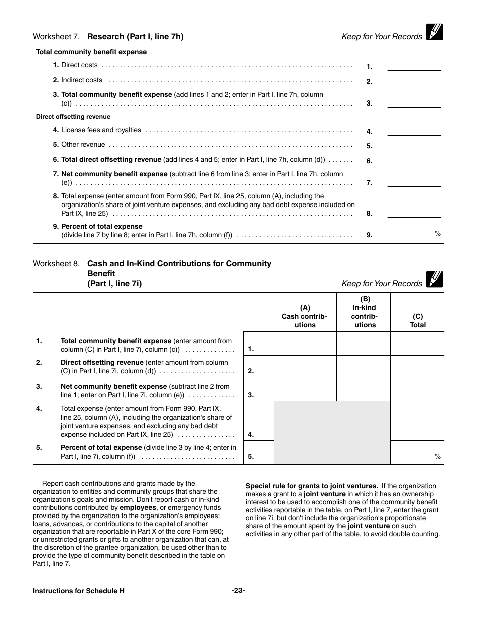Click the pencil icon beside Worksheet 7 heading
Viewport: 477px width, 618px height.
(434, 32)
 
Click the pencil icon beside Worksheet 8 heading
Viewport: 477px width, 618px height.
(434, 279)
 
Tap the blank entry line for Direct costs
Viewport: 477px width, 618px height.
(414, 66)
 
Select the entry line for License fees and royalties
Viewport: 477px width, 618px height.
(414, 131)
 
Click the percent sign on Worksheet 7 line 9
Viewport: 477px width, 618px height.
(437, 233)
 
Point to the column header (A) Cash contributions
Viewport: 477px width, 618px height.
(305, 316)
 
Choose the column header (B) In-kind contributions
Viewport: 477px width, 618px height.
(365, 312)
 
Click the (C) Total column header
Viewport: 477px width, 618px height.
(417, 320)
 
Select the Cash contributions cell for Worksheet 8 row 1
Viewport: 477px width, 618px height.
(305, 344)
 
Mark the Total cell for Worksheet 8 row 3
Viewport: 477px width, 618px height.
(417, 389)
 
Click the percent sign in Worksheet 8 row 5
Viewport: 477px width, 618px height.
(437, 456)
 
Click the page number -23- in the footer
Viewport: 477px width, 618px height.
(238, 591)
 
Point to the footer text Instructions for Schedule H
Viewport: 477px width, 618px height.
(78, 591)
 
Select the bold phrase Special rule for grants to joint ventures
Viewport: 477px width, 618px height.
(311, 486)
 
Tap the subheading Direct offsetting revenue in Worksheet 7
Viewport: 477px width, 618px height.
(73, 117)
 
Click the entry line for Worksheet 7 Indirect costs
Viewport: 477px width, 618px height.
(414, 81)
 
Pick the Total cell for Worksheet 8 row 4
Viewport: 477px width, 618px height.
(417, 421)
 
